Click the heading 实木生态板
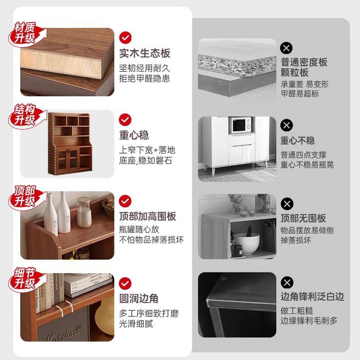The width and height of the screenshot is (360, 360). (x=145, y=53)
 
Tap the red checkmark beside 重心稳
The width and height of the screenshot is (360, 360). (x=125, y=119)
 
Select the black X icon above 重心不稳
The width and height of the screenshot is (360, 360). (x=287, y=125)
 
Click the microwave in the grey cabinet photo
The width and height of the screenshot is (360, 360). (x=241, y=125)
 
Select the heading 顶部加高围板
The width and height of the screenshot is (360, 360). (x=148, y=216)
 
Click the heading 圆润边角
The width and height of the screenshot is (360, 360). (x=139, y=298)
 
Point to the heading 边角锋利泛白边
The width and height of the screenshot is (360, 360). (x=312, y=297)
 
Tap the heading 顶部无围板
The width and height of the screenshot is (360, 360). (x=303, y=218)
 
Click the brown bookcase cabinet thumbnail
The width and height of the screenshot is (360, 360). (x=70, y=144)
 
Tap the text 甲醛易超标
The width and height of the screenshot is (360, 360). (x=300, y=94)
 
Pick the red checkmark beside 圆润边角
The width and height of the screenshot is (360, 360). (x=125, y=283)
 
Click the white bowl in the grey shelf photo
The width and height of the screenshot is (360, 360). (x=247, y=243)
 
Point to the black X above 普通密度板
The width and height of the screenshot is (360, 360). (x=287, y=48)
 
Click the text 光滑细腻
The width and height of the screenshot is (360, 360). (x=136, y=324)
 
